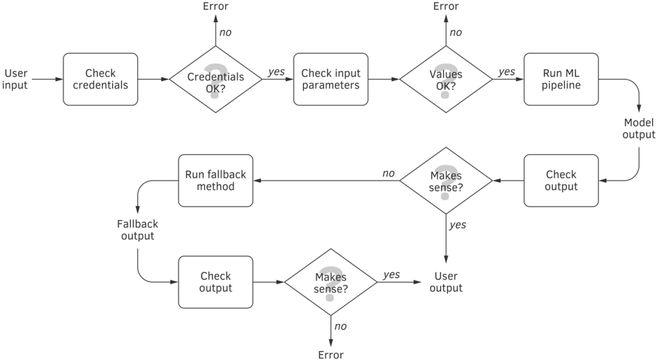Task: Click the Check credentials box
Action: pos(100,79)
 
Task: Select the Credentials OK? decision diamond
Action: pos(215,79)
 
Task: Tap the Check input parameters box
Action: pos(330,79)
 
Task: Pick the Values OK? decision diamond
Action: pos(446,79)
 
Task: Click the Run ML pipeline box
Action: pos(561,79)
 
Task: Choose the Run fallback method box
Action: pos(215,181)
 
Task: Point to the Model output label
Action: pos(639,128)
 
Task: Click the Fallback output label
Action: pos(138,230)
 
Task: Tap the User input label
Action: pos(15,79)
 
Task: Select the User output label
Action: pos(446,282)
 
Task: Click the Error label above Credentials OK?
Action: pos(215,7)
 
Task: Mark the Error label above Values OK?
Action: pos(446,7)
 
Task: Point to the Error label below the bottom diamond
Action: pos(330,355)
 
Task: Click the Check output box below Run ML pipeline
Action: pos(561,181)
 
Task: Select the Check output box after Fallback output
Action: pos(215,282)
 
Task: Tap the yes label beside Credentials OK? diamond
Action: pos(276,72)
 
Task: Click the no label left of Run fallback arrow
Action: pos(388,173)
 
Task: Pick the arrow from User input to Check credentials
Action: pos(47,79)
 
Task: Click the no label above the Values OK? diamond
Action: pos(455,32)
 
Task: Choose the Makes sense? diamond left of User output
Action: pos(330,282)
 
